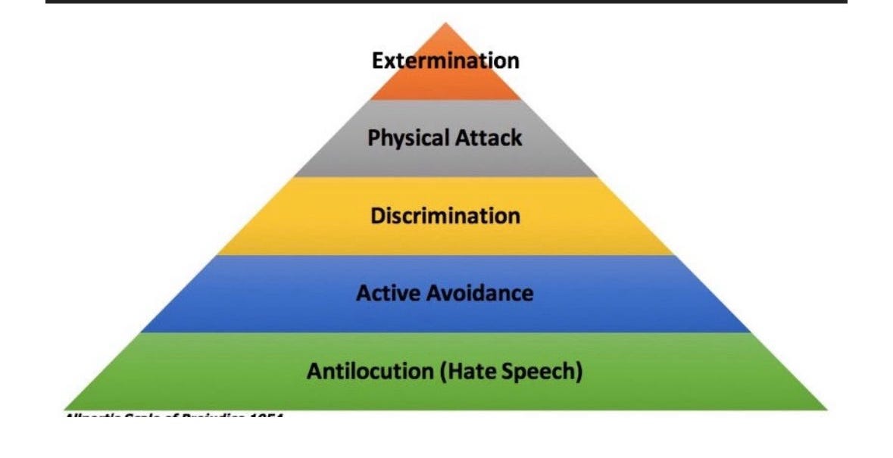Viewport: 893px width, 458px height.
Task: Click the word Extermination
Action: click(x=445, y=61)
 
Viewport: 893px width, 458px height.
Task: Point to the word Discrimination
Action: click(x=445, y=216)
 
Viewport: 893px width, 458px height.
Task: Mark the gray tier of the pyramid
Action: click(x=445, y=160)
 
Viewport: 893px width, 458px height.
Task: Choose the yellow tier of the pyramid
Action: click(x=445, y=238)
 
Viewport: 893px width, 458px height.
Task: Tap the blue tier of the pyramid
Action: click(x=445, y=316)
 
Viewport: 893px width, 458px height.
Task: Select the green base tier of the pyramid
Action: click(x=445, y=394)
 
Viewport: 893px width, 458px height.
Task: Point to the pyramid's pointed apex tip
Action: click(x=445, y=24)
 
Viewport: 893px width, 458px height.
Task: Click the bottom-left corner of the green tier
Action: click(x=67, y=409)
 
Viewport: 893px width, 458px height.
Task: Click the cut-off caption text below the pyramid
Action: click(x=174, y=416)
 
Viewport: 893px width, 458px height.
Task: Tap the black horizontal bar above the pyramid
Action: click(x=445, y=2)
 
